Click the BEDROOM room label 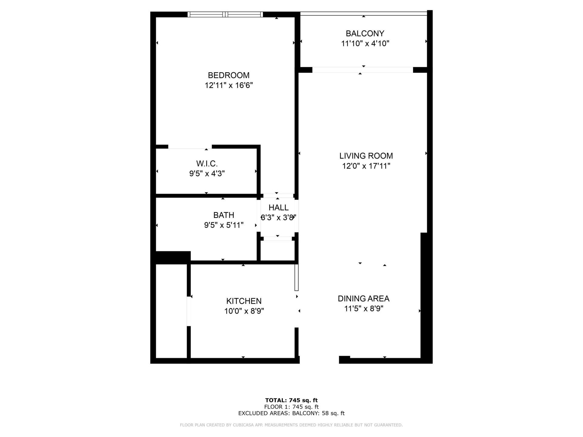point(228,75)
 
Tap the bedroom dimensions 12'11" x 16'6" point(228,85)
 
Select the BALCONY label point(365,33)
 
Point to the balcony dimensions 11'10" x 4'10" point(365,43)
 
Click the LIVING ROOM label point(366,156)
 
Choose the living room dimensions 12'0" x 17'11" point(366,166)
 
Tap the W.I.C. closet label point(207,164)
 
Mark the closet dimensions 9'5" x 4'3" point(207,174)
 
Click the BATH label point(223,215)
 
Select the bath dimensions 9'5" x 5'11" point(223,225)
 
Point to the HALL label point(278,208)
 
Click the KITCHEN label point(244,301)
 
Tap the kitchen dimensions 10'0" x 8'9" point(244,311)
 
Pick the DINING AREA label point(363,299)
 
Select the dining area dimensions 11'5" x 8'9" point(363,309)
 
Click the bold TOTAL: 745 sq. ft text point(291,400)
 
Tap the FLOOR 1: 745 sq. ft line point(291,407)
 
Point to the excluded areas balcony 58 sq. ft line point(291,413)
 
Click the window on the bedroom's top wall point(225,14)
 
